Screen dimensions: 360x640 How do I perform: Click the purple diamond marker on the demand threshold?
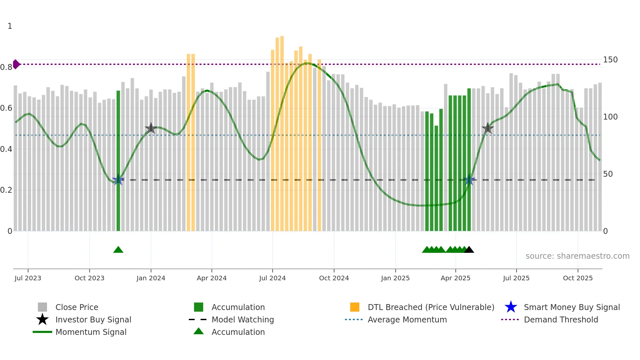click(16, 64)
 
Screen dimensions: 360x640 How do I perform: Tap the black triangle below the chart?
click(469, 250)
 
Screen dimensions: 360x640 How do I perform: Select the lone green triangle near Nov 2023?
click(118, 250)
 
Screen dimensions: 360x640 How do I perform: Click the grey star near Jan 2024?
click(151, 128)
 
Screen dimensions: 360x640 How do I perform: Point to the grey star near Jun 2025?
click(488, 128)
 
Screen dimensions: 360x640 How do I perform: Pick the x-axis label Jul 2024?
click(272, 278)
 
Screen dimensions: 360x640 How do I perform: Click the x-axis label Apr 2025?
click(456, 278)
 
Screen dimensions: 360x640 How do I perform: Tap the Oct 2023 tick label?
click(89, 278)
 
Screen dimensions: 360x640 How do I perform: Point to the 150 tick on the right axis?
click(610, 60)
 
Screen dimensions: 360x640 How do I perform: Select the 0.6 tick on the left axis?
click(6, 108)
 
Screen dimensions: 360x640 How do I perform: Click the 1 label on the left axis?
click(10, 26)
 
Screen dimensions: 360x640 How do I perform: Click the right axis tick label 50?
click(608, 174)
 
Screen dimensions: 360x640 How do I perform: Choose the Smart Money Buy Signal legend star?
click(511, 307)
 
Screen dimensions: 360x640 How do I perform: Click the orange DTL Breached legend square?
click(355, 307)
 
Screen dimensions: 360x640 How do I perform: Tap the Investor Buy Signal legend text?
click(93, 319)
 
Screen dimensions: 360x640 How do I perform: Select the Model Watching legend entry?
click(242, 319)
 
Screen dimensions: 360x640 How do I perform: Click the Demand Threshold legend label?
click(561, 319)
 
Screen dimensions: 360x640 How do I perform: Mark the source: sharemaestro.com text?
click(577, 256)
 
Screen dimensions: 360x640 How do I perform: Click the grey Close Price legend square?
click(42, 307)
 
